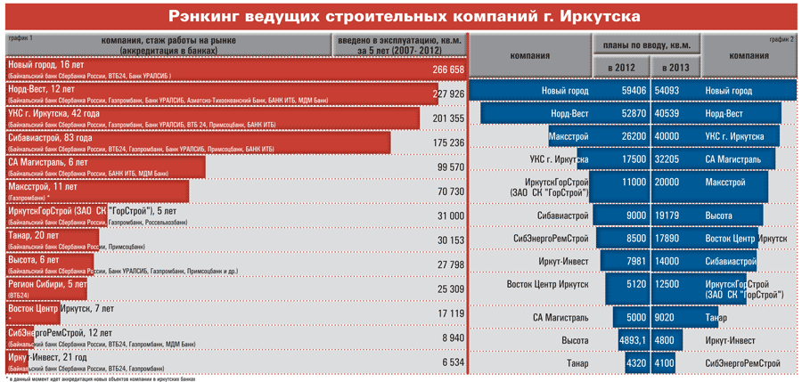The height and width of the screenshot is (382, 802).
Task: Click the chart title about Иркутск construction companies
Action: click(x=401, y=17)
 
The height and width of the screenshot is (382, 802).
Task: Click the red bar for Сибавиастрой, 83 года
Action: click(x=196, y=142)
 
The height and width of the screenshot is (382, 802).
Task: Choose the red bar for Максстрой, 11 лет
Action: click(x=95, y=191)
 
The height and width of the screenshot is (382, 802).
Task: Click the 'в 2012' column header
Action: click(x=620, y=69)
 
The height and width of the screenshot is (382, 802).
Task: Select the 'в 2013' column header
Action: click(x=675, y=69)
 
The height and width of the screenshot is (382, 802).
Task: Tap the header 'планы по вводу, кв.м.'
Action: click(x=646, y=45)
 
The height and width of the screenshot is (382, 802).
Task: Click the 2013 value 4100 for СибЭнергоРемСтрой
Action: click(x=665, y=363)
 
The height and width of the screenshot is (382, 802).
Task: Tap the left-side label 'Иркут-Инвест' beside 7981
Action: click(x=563, y=261)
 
